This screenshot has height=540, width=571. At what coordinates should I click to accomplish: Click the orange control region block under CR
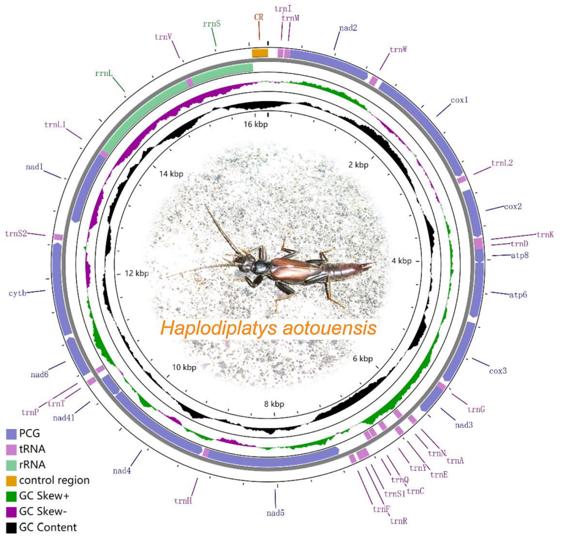[260, 52]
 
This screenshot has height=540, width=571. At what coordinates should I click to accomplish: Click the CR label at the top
[259, 17]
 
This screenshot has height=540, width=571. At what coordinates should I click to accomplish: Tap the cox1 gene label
[459, 99]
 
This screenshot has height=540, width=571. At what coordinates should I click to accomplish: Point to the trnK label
[545, 234]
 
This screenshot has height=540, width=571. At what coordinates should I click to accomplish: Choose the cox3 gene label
[498, 371]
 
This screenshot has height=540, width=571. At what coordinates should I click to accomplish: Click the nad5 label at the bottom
[275, 512]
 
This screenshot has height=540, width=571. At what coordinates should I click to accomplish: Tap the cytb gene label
[17, 292]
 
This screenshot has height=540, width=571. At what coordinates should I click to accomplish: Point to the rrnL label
[104, 74]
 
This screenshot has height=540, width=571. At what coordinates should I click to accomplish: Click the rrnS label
[211, 24]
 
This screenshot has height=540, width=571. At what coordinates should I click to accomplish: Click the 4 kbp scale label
[401, 261]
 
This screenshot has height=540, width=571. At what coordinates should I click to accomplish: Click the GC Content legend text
[48, 527]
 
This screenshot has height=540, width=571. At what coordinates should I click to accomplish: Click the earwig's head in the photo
[244, 262]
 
